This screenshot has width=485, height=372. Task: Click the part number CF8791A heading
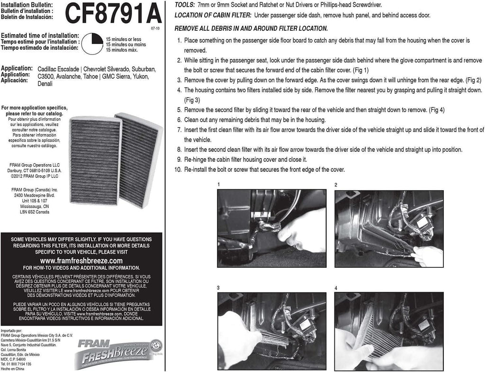tap(112, 14)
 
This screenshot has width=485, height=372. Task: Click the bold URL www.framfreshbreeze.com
tap(81, 261)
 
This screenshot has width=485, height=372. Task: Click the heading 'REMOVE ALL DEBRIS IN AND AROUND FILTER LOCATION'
tap(251, 28)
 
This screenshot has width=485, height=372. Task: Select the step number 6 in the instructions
tap(179, 120)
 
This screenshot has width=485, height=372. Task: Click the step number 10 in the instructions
tap(178, 169)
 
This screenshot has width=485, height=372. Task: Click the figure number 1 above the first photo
tap(219, 185)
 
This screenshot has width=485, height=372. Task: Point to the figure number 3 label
tap(218, 287)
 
